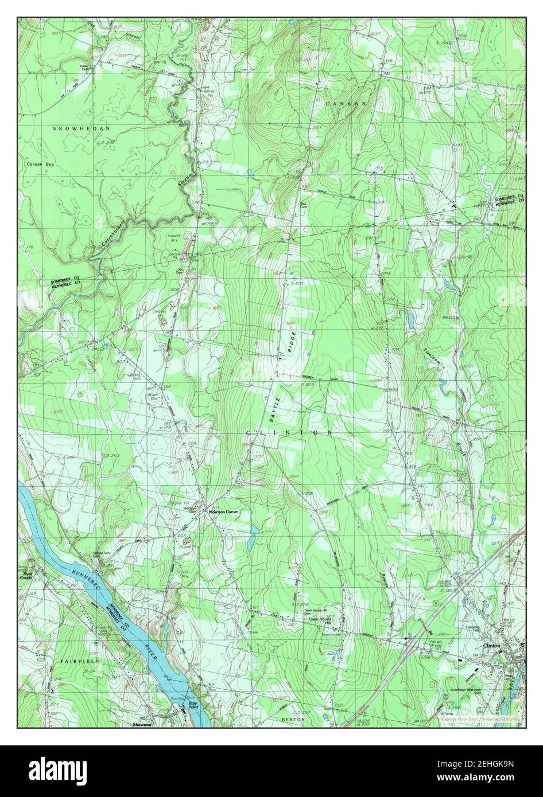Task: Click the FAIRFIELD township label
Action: [x=80, y=661]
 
